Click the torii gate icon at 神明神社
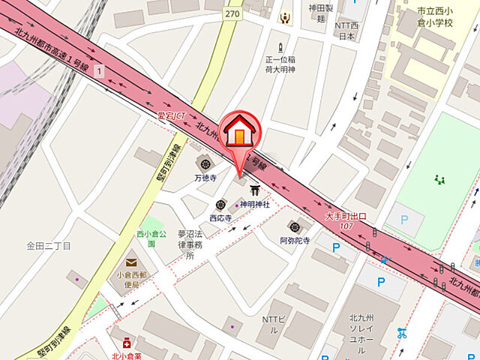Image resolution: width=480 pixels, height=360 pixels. [x=244, y=190]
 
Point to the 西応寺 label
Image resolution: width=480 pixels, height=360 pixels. [x=220, y=217]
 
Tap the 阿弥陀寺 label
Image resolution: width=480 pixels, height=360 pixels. [x=295, y=241]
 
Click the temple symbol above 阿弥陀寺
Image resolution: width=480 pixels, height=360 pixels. [x=295, y=226]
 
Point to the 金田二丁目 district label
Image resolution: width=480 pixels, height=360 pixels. [x=48, y=245]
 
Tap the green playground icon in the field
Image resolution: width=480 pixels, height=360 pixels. [x=439, y=179]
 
